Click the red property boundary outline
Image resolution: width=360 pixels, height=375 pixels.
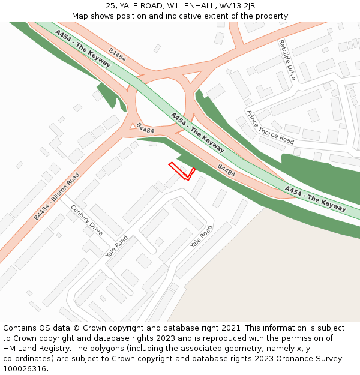coord(182,172)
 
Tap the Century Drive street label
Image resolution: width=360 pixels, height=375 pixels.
coord(87,220)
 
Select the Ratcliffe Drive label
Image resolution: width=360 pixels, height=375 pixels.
coord(287,60)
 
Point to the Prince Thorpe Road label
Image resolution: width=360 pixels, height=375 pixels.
coord(270,127)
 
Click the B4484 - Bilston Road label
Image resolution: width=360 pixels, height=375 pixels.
coord(56,196)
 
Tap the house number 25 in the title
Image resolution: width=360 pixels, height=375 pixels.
coord(111,6)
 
